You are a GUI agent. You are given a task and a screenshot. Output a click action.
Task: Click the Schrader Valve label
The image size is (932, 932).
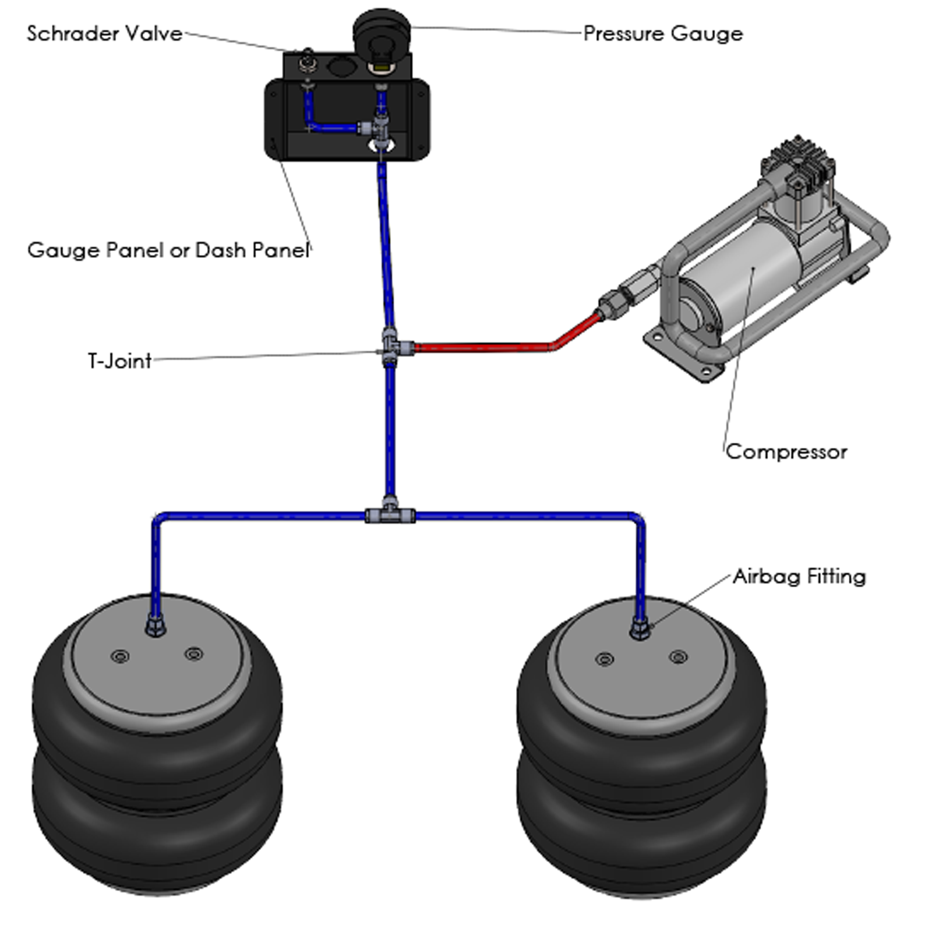pos(105,33)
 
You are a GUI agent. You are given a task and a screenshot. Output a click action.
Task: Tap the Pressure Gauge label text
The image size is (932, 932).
pos(663,33)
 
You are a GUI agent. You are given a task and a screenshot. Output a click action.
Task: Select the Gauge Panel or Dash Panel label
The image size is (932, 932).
pos(168,250)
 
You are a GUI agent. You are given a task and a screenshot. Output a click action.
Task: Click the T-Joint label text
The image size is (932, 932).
pos(119,361)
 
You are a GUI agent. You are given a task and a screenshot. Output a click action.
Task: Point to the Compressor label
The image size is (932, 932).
pos(786,451)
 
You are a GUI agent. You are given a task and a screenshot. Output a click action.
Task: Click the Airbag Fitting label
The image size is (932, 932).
pos(799,576)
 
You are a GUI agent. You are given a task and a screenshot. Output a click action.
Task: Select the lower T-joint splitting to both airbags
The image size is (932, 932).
pos(390,514)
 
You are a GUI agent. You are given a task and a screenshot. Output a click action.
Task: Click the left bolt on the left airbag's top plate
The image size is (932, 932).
pos(121,657)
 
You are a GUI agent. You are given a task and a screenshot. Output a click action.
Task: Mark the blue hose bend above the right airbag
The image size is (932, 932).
pos(638,518)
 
